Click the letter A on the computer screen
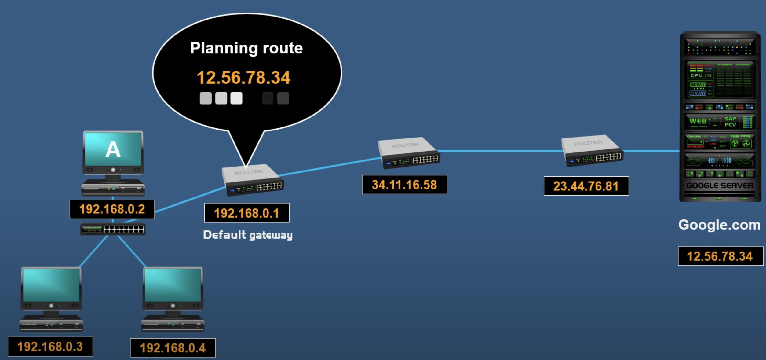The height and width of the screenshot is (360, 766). [113, 150]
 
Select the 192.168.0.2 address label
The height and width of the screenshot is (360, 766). [112, 209]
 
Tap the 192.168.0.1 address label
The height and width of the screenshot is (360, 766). [246, 213]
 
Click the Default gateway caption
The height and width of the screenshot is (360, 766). [248, 235]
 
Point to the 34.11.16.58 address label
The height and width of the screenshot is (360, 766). [404, 185]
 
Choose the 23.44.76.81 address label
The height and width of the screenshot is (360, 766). [586, 186]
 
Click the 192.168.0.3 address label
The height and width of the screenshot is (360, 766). [50, 347]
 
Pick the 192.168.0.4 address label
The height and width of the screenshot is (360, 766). [173, 348]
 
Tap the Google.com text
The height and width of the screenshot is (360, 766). [719, 225]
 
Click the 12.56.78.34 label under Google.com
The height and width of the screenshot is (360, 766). [720, 256]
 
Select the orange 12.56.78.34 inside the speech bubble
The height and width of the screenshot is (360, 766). [243, 78]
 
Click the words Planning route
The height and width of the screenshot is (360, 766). [246, 48]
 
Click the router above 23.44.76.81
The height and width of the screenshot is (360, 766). [592, 151]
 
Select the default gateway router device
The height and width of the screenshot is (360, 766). [252, 180]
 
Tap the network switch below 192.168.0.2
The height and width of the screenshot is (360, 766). [113, 229]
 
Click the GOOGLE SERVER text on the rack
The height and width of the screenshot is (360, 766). [720, 186]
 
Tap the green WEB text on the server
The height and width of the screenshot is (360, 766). [698, 121]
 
